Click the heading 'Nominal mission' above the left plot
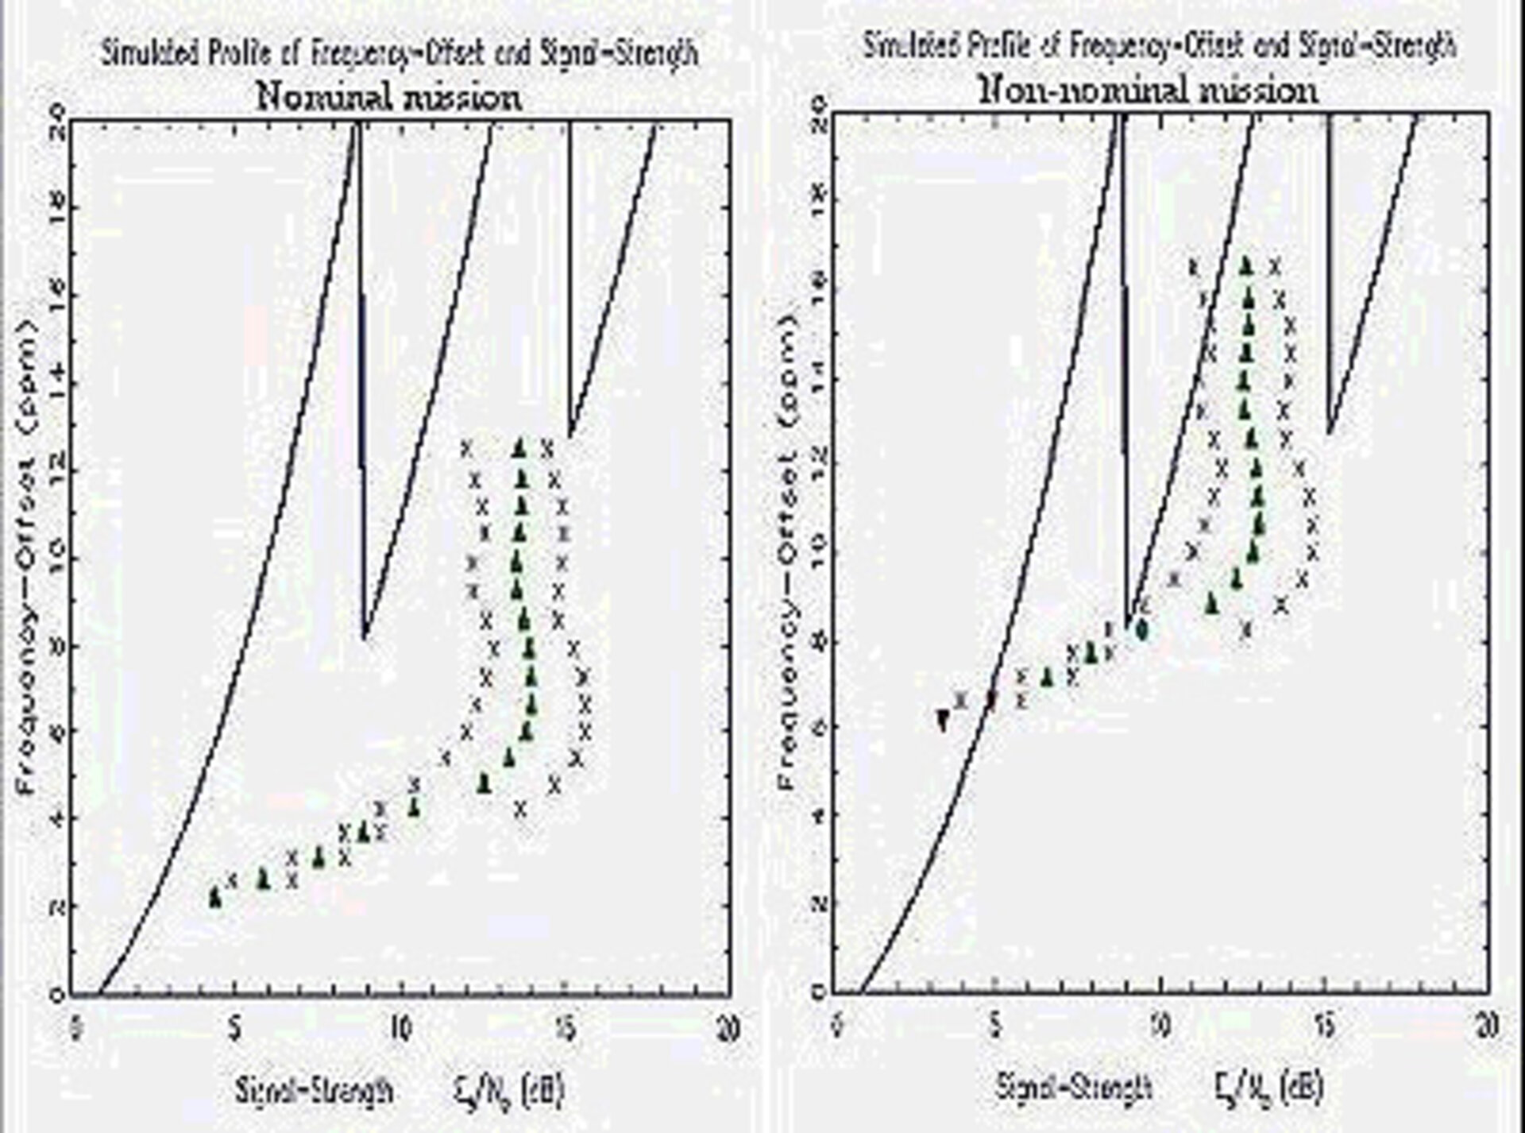[389, 97]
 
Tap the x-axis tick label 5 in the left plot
[234, 1028]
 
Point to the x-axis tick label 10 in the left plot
[400, 1028]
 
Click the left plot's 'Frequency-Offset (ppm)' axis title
[27, 556]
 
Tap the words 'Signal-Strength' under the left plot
[314, 1089]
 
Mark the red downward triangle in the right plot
[943, 721]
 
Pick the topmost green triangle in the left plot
[519, 448]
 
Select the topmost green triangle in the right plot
[1246, 265]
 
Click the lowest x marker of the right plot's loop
[1245, 630]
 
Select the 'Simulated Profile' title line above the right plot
[1160, 46]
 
